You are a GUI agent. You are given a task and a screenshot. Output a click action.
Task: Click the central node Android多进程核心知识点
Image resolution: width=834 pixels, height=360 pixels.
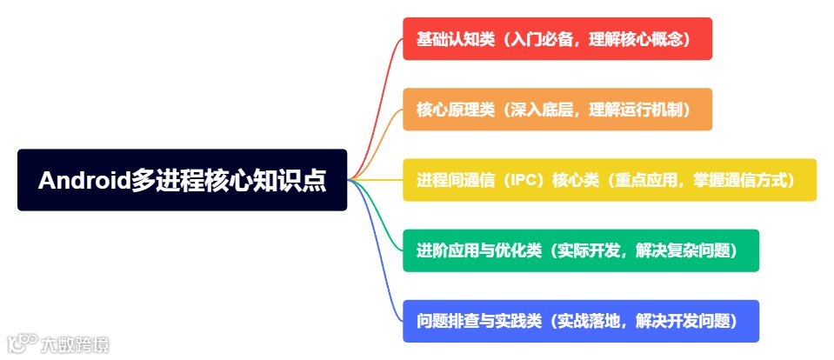[182, 180]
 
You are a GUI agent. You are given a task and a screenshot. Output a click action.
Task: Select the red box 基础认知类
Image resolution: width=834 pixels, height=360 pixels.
[557, 39]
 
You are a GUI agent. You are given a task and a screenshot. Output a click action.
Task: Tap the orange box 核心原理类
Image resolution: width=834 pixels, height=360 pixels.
[557, 110]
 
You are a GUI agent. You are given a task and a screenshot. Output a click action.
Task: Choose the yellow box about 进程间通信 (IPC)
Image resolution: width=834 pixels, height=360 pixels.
[609, 180]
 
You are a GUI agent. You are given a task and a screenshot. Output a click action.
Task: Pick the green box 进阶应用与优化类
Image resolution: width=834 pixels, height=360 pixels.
[580, 250]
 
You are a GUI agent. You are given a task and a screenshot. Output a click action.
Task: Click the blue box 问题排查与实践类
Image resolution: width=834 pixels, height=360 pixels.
[580, 321]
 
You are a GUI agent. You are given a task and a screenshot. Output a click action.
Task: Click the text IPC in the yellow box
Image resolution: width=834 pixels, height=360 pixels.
[526, 180]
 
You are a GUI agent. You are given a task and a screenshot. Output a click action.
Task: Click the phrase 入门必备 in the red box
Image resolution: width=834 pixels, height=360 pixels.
[538, 39]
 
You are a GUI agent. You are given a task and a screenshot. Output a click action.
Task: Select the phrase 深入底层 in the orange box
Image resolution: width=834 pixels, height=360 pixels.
[538, 110]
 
